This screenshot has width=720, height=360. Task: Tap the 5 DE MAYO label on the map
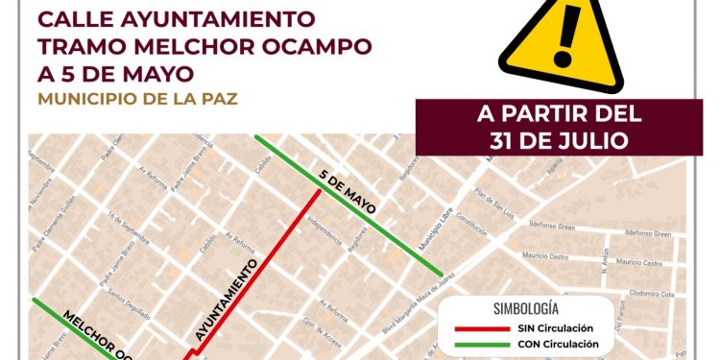[x=347, y=190]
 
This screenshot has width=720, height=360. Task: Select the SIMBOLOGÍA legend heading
[x=525, y=309]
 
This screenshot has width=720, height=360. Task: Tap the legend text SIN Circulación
[x=564, y=328]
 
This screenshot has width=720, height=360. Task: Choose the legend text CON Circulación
[x=564, y=344]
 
